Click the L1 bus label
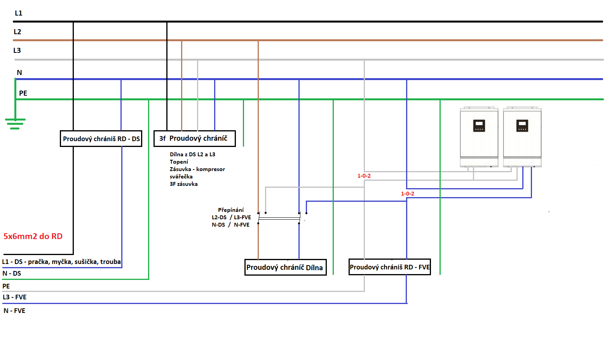point(19,13)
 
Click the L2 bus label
point(17,32)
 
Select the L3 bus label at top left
point(17,51)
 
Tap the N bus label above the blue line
point(19,73)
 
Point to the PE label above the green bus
point(23,93)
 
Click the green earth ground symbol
point(15,123)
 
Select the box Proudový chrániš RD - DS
point(101,139)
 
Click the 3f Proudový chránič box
point(194,138)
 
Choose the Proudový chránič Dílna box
point(285,267)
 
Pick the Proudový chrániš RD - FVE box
point(389,267)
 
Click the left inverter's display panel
point(479,126)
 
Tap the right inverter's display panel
point(522,126)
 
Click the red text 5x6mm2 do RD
point(33,236)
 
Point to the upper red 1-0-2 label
point(364,176)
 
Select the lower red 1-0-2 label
point(408,194)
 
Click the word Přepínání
point(231,210)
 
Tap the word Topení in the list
point(179,162)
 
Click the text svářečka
point(181,177)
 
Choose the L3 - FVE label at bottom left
point(15,297)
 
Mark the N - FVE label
point(14,311)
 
